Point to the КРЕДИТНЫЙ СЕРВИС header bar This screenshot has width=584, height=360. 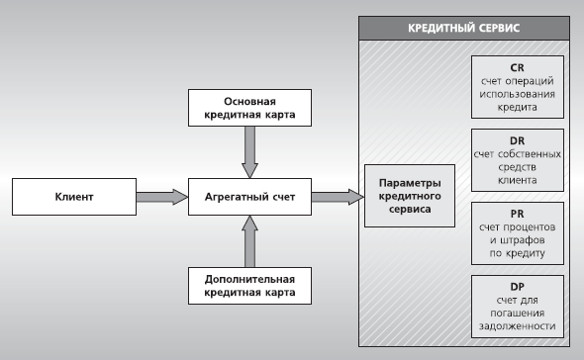(x=465, y=30)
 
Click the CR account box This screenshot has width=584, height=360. (x=517, y=86)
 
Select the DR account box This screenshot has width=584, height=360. (x=517, y=160)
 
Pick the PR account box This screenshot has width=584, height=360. (x=517, y=234)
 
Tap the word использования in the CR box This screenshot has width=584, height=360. (x=517, y=93)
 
